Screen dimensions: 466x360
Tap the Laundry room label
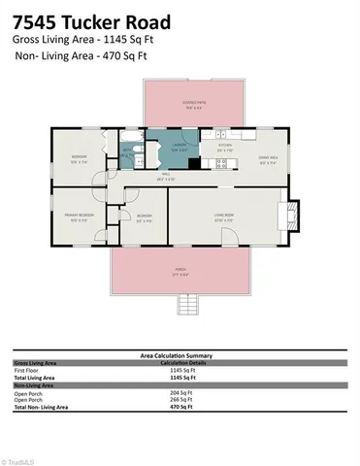tap(180, 149)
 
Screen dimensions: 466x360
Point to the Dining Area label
tap(269, 159)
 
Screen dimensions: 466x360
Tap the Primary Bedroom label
tap(81, 217)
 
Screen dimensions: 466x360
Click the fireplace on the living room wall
tap(288, 213)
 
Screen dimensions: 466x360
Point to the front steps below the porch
tap(189, 307)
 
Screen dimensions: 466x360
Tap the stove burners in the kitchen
tap(221, 163)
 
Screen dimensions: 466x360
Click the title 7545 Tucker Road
tap(92, 21)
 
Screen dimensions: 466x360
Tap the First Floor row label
tap(27, 369)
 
